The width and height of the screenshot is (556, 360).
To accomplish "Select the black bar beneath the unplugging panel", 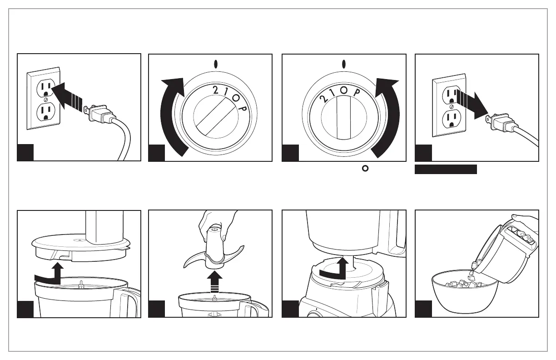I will (x=446, y=170).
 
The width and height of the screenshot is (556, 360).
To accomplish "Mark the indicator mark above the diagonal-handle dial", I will (x=216, y=65).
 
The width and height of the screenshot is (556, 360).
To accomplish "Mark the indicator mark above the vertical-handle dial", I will (x=344, y=65).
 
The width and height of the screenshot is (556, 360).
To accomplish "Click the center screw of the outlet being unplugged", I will (x=451, y=106).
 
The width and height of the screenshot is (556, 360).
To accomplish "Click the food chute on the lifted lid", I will (x=105, y=226).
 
